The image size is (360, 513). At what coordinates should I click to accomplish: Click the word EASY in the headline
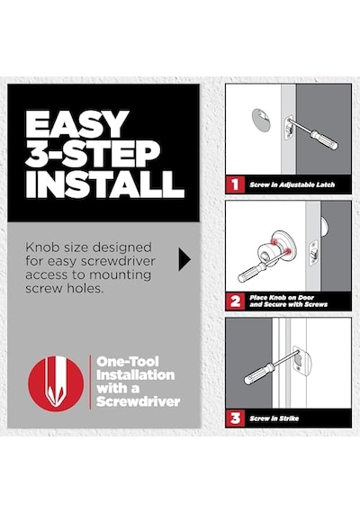(x=76, y=124)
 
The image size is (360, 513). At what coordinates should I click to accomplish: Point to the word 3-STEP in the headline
(x=93, y=154)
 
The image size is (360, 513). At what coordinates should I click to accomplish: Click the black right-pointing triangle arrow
(x=184, y=259)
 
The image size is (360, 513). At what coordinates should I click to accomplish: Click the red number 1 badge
(x=235, y=184)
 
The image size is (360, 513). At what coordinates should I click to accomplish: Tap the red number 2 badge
(x=235, y=301)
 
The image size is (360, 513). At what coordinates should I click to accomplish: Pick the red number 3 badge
(x=235, y=418)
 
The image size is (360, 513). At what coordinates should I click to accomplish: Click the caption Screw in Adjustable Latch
(x=292, y=184)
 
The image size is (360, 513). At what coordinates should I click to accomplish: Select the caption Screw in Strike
(x=274, y=418)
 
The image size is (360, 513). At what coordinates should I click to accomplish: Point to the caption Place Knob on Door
(x=282, y=298)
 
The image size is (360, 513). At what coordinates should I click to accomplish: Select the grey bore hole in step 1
(x=261, y=119)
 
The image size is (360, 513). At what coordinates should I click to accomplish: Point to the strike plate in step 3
(x=301, y=361)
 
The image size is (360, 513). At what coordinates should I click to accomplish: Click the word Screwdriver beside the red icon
(x=138, y=401)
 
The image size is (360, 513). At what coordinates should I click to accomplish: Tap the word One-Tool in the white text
(x=128, y=362)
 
